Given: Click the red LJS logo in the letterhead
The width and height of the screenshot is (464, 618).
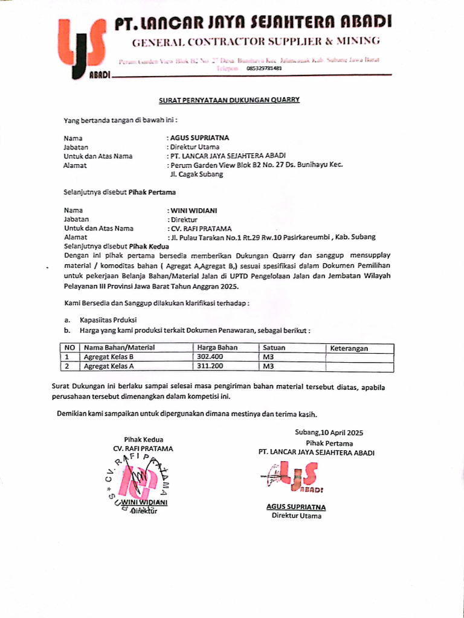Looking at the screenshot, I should coord(83,48).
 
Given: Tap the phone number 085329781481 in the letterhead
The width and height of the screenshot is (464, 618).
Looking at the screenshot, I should coord(265,69).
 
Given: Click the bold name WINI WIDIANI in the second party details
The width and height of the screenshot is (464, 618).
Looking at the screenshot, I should coord(194,210).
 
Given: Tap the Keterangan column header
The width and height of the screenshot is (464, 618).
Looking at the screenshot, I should coord(349,348).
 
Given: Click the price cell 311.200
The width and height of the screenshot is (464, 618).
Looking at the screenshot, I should coord(210,366).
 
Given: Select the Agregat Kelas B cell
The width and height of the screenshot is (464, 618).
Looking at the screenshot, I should coord(109,357).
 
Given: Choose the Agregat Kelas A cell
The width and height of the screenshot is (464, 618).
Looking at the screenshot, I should coord(109,366).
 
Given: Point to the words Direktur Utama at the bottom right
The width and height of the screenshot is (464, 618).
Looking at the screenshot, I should coord(297,516).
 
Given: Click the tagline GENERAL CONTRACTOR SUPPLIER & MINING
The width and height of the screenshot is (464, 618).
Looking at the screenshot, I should coord(256,42).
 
